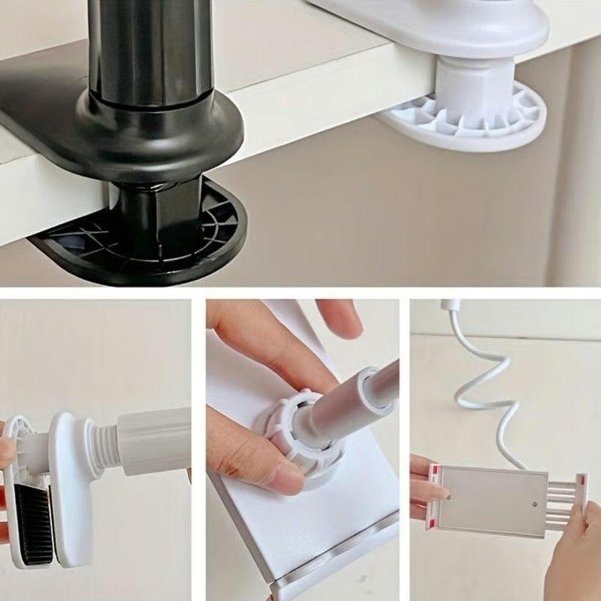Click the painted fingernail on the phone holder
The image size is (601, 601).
(445, 495)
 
